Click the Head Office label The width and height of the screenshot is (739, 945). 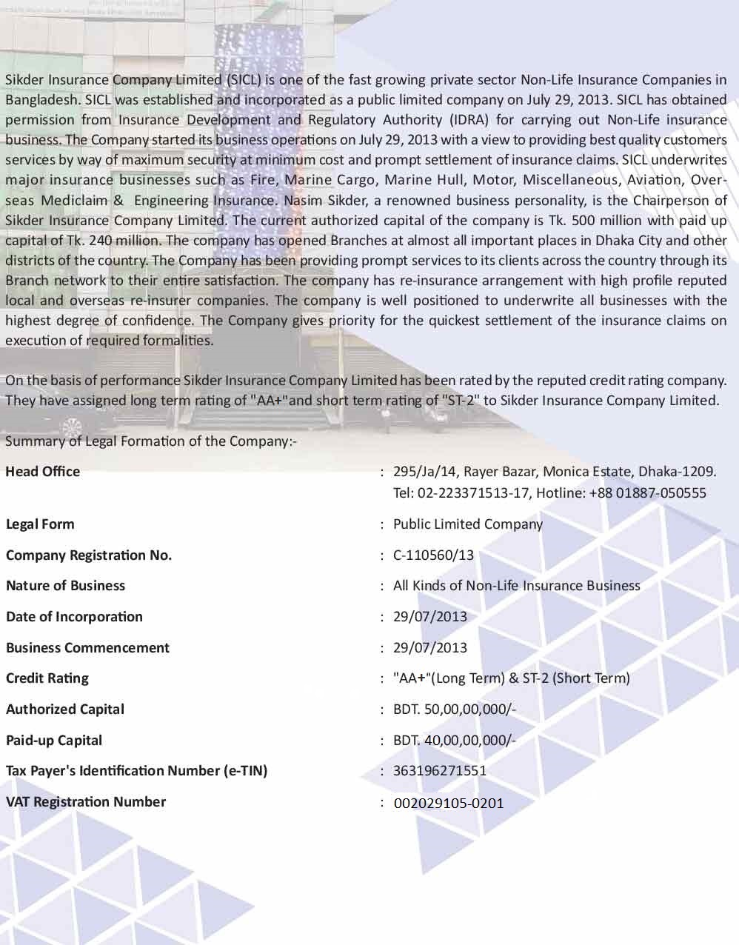click(42, 472)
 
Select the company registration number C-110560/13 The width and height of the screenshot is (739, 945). click(433, 555)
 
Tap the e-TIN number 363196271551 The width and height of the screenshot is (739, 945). click(440, 771)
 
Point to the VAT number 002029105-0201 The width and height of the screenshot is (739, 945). click(448, 803)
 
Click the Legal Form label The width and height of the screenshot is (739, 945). click(40, 524)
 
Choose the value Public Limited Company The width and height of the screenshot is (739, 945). click(467, 524)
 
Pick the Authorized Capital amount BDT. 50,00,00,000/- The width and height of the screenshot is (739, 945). click(454, 709)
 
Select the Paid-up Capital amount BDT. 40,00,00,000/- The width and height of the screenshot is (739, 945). click(454, 741)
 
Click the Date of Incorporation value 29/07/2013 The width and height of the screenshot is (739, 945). click(430, 617)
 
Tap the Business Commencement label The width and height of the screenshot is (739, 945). click(87, 648)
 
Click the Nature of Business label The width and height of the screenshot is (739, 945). click(65, 586)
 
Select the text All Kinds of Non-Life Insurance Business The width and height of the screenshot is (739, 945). click(516, 586)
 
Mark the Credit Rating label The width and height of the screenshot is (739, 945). click(47, 678)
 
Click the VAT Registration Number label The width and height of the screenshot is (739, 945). click(85, 802)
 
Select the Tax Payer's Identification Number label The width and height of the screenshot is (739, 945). click(136, 771)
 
